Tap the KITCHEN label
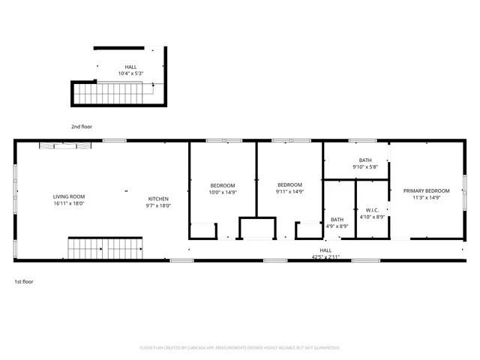click(157, 199)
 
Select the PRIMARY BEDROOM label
click(427, 191)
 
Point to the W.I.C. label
click(371, 210)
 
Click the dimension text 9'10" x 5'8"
click(365, 166)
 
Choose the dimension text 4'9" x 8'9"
click(337, 226)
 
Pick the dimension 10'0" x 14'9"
click(223, 192)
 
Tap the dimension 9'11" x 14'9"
click(289, 191)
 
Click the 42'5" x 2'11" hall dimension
click(325, 257)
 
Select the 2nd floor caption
click(82, 126)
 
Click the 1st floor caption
click(23, 281)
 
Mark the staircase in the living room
click(106, 247)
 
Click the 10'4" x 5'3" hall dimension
click(130, 73)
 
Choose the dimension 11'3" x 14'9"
click(427, 198)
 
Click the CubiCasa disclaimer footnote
click(240, 348)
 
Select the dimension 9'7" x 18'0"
click(157, 205)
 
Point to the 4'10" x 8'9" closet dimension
click(371, 217)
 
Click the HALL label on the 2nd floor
click(130, 67)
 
